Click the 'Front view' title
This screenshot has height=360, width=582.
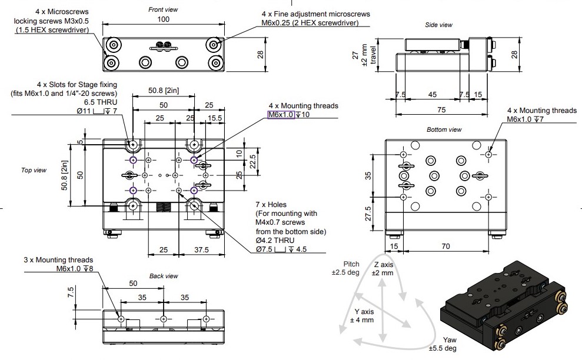(x=163, y=9)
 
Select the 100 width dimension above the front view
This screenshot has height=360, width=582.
(x=164, y=19)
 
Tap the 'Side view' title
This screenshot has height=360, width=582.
(x=439, y=25)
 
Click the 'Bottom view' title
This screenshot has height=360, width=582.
(x=444, y=129)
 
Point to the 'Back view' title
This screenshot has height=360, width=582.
(x=164, y=276)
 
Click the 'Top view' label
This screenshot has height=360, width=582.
(x=34, y=170)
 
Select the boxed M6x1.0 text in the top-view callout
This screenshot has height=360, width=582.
(x=281, y=115)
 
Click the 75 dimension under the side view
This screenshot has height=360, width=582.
(x=441, y=110)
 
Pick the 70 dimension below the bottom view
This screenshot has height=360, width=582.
(x=446, y=246)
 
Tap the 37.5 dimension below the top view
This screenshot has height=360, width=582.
(x=201, y=250)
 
